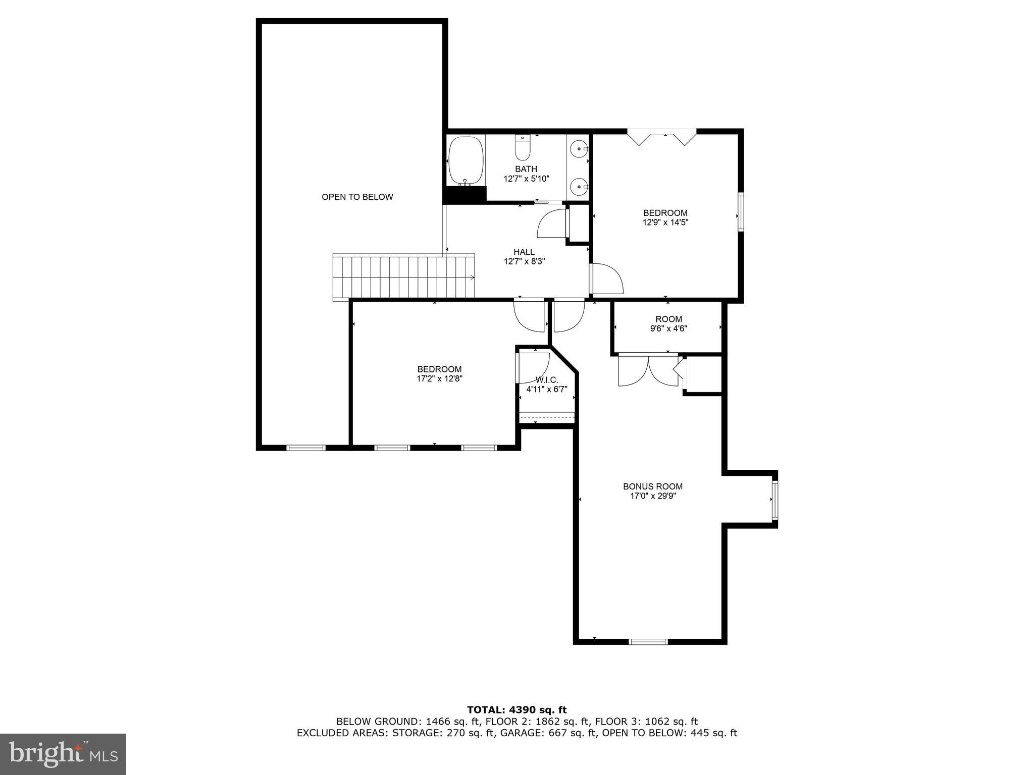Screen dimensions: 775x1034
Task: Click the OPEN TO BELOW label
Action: pos(357,197)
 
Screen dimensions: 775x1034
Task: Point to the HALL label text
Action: pos(524,252)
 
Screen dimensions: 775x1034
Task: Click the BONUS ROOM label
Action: pos(652,486)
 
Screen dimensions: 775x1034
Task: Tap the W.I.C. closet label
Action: pos(546,379)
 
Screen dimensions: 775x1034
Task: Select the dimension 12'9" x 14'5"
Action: pos(665,222)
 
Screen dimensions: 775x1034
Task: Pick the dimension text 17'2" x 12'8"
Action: pos(439,378)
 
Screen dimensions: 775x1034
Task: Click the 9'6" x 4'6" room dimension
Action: pos(668,328)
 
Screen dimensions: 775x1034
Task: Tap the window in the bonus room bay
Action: pos(774,500)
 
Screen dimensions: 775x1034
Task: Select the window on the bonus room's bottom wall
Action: pos(648,642)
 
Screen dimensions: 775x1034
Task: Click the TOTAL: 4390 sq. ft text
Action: pos(516,710)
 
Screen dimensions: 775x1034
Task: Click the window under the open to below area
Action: pos(306,448)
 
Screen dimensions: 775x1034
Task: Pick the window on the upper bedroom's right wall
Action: pos(741,212)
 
